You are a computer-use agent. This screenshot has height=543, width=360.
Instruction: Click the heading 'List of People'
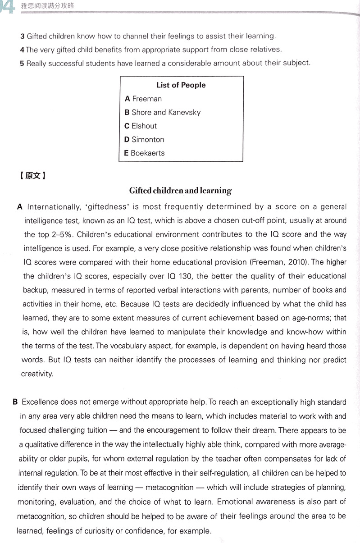point(181,85)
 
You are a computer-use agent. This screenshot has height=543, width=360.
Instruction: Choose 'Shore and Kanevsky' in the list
point(163,112)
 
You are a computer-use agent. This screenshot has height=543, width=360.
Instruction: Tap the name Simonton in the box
point(144,139)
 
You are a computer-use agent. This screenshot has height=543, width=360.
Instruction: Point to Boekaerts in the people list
point(145,153)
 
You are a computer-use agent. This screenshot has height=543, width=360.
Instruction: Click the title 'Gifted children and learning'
point(180,191)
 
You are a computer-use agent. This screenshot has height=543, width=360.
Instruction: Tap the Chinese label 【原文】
point(33,176)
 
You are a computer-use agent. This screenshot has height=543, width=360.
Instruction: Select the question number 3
point(22,36)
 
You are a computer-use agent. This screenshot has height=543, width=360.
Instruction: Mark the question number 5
point(22,63)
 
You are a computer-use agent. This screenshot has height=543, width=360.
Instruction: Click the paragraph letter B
point(15,402)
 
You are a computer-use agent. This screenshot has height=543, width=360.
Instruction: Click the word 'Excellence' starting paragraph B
point(40,402)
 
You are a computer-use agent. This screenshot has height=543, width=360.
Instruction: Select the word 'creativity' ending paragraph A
point(37,374)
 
